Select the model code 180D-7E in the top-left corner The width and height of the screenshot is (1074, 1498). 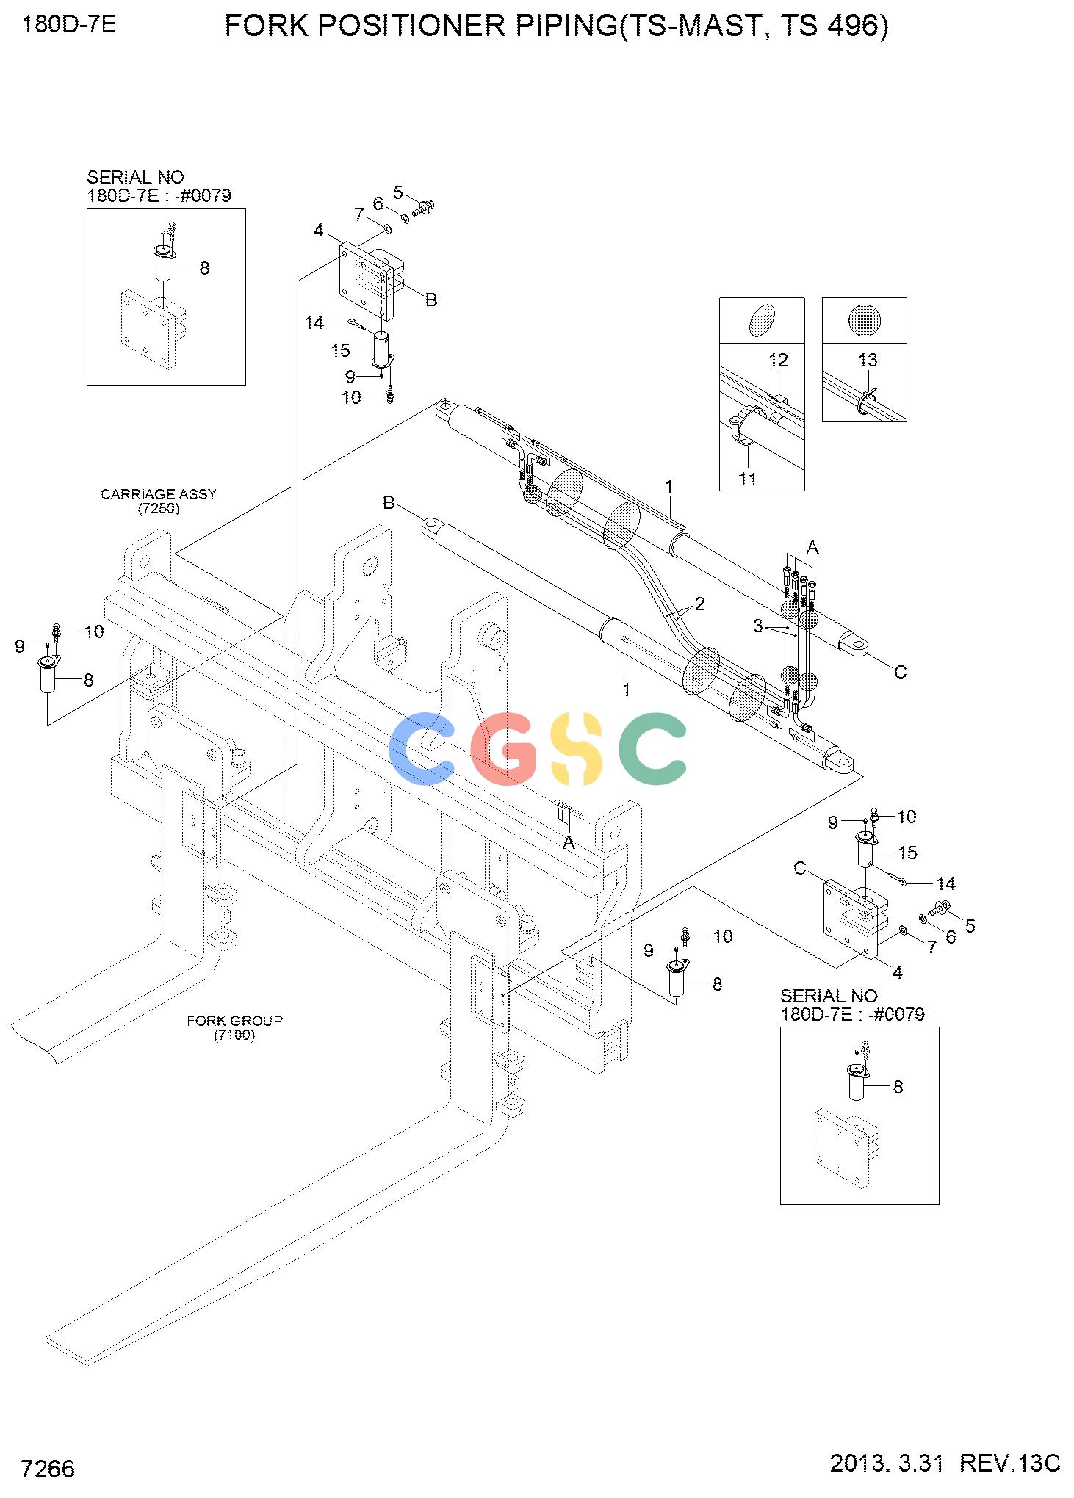click(69, 25)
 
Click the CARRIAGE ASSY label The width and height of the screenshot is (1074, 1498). click(159, 494)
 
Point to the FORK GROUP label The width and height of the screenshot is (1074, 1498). click(234, 1021)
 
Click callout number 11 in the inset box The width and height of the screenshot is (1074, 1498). click(748, 479)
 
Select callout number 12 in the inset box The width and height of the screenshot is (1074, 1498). click(778, 360)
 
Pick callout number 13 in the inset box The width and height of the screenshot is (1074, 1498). click(868, 360)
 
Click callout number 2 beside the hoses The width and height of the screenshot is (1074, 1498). click(699, 604)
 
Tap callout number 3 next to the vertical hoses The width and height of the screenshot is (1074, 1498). click(758, 626)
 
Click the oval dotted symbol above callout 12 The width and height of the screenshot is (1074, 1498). click(762, 320)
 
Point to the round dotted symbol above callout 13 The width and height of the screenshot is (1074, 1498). click(864, 320)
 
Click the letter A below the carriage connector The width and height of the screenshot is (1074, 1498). click(569, 844)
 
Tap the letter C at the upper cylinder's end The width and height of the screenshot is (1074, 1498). click(900, 672)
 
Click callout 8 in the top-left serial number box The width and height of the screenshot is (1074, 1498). click(204, 269)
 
